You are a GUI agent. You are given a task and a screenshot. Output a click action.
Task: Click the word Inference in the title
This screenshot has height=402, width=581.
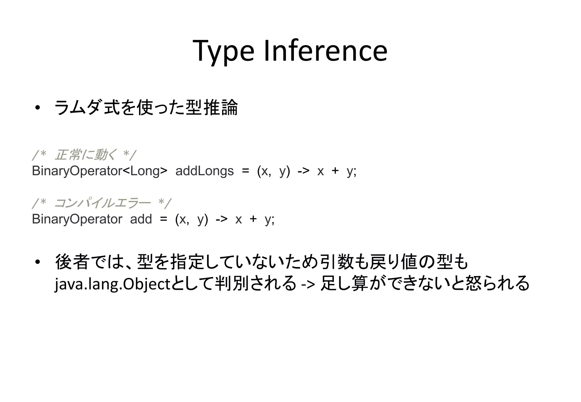coord(325,51)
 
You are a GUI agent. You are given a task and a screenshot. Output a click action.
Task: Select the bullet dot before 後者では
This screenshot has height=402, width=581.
coord(37,262)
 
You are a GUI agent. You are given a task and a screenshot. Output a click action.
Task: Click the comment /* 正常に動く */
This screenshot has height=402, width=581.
coord(84,155)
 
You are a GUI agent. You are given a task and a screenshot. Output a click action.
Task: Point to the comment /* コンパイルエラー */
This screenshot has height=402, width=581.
coord(102,203)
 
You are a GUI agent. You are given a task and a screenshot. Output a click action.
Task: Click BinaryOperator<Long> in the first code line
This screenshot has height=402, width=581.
coord(100,171)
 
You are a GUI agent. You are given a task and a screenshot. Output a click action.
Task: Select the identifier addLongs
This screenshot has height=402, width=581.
coord(205,171)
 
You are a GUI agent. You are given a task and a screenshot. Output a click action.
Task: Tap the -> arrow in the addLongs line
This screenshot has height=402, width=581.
coord(303,171)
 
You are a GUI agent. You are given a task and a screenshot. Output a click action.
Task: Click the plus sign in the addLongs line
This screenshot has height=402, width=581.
coord(335,171)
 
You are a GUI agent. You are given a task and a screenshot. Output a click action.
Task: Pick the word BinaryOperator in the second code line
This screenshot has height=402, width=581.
coord(77,219)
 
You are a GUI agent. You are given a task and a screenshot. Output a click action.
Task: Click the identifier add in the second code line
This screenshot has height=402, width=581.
coord(141,219)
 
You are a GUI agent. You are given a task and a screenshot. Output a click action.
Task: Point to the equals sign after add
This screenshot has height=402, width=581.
coord(163,219)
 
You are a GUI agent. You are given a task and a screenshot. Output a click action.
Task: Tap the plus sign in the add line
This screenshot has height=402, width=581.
coord(253,219)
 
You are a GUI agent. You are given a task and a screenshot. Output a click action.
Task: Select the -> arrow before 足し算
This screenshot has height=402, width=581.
coord(308,284)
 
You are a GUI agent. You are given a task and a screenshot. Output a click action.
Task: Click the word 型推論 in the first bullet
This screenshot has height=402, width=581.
coord(212,108)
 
